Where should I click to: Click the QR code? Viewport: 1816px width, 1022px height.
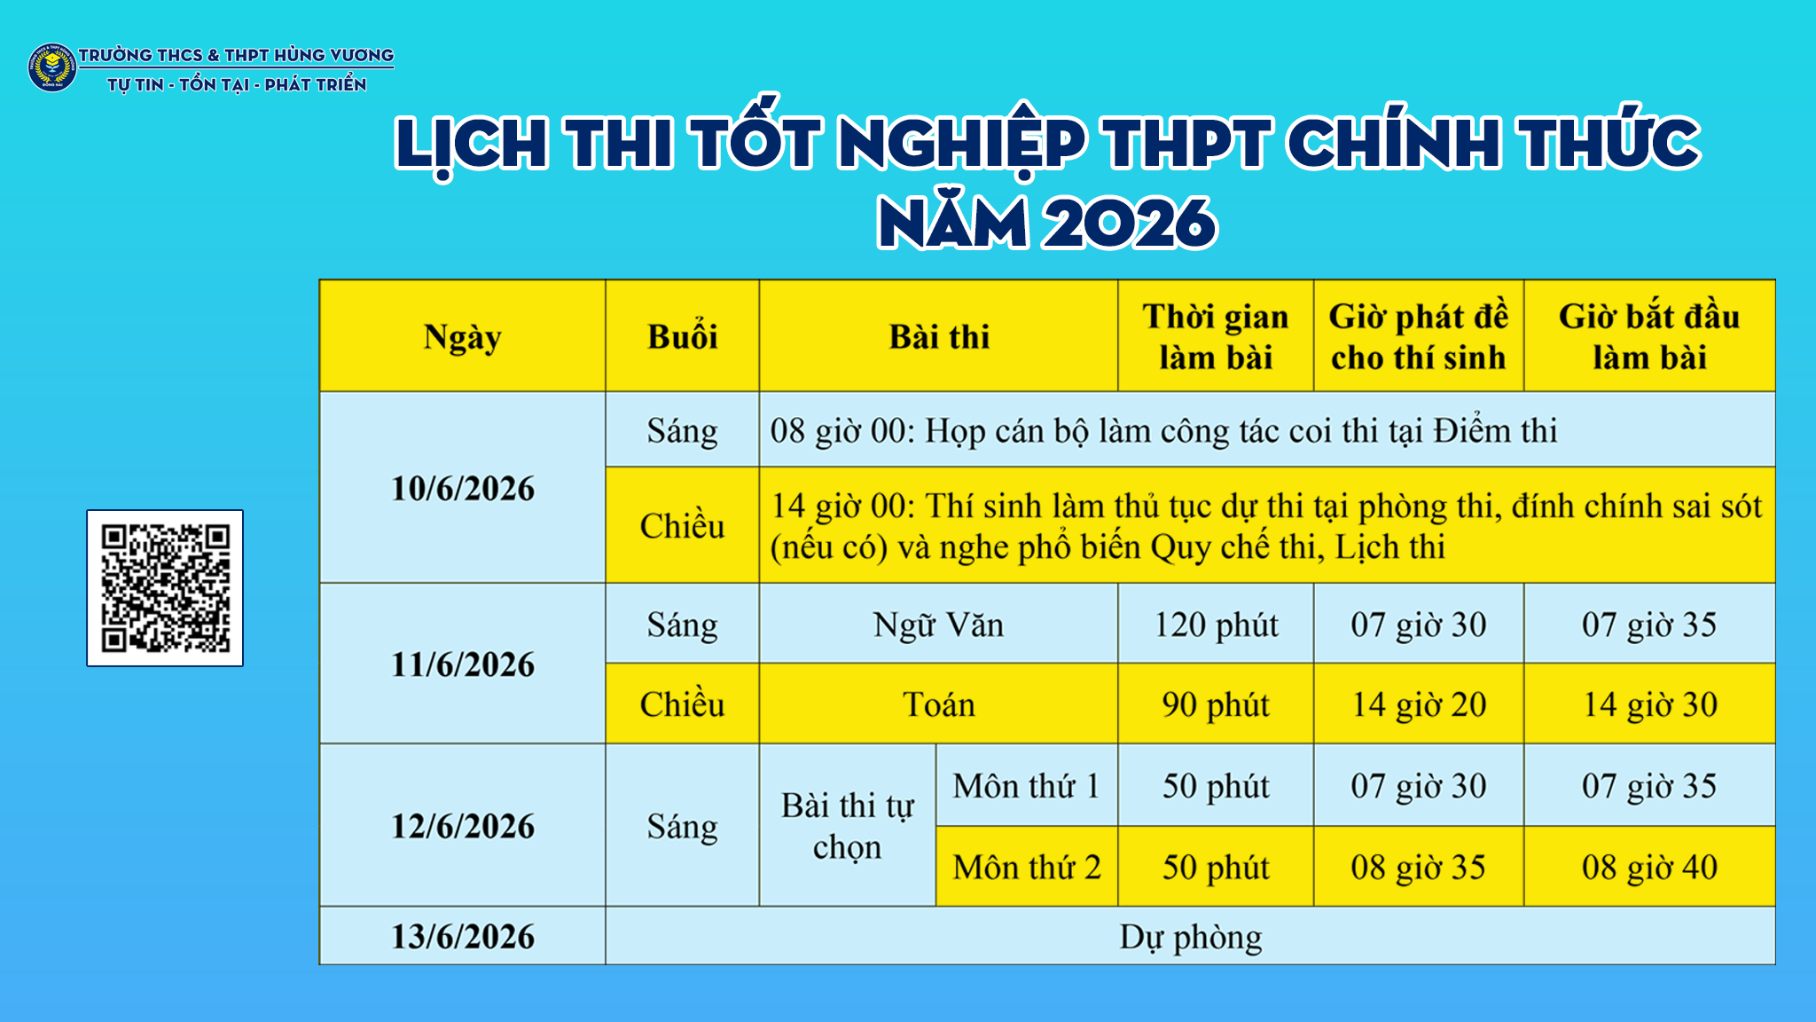click(x=165, y=588)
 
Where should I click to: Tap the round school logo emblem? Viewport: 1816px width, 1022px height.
click(x=52, y=67)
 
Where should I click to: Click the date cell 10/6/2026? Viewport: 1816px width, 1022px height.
click(x=463, y=488)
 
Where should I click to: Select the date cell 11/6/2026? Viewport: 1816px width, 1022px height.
click(x=463, y=664)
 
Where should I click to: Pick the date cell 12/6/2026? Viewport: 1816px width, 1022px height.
click(x=463, y=826)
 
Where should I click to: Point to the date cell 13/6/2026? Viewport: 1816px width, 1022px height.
click(x=463, y=936)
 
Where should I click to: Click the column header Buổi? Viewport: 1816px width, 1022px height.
click(x=683, y=336)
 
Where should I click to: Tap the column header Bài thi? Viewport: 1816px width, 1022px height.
click(x=939, y=336)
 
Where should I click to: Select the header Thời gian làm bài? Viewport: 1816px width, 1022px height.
click(x=1216, y=336)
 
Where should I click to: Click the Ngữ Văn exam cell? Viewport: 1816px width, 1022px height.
click(x=939, y=624)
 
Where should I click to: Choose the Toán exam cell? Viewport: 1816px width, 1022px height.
click(x=939, y=704)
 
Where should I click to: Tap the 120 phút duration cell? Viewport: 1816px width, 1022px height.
click(x=1216, y=624)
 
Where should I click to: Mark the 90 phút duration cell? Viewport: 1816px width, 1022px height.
click(x=1216, y=704)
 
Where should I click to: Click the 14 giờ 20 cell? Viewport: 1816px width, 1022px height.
click(x=1419, y=704)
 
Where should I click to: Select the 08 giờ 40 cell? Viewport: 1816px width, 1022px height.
click(x=1649, y=867)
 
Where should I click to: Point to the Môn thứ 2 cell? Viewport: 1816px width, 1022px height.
click(x=1027, y=867)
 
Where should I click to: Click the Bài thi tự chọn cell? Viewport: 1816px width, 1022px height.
click(x=848, y=826)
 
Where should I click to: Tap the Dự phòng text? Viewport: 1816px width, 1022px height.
click(x=1191, y=938)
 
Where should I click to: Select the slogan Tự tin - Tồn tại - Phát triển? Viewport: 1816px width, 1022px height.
click(x=237, y=84)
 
